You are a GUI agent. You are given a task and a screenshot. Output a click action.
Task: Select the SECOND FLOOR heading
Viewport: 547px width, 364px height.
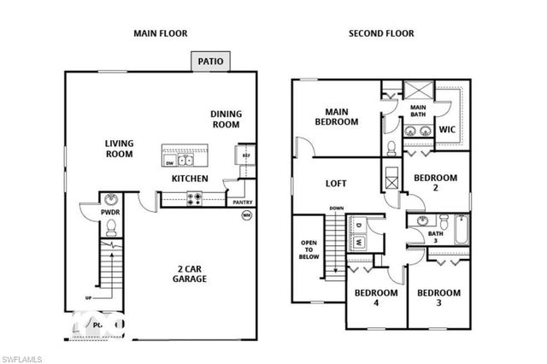click(380, 33)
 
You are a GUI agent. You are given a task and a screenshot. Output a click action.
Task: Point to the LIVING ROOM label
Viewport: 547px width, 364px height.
click(119, 149)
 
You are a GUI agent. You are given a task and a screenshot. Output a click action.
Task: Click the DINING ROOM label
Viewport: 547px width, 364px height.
click(226, 119)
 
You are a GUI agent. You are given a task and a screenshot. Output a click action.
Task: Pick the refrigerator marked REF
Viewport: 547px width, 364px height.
click(245, 156)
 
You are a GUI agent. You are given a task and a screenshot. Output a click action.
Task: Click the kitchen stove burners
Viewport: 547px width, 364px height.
click(194, 200)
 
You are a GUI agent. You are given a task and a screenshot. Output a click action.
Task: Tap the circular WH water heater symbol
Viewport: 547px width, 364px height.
click(247, 215)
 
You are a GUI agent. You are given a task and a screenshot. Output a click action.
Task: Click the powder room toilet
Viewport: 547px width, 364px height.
click(110, 228)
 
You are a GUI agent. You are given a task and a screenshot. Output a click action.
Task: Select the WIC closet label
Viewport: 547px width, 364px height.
click(447, 130)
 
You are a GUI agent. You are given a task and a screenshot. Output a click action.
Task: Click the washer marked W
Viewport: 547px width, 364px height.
click(359, 242)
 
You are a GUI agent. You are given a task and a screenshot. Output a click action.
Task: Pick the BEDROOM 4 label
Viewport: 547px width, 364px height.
click(376, 298)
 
